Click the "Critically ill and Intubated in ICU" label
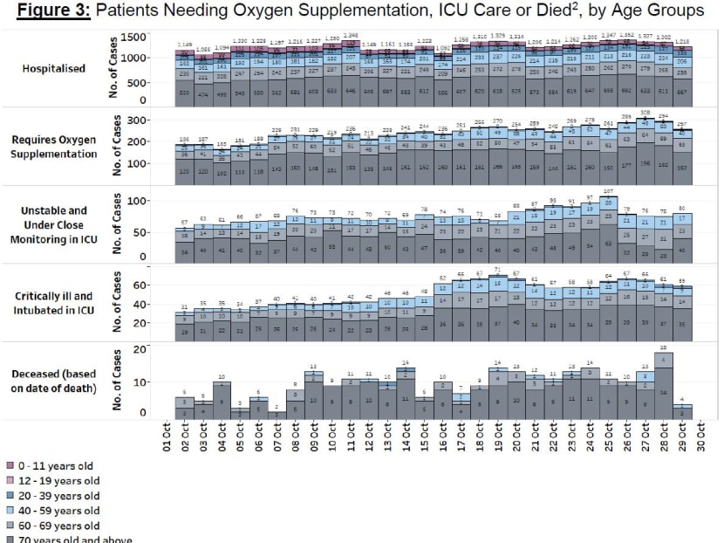click(55, 303)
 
